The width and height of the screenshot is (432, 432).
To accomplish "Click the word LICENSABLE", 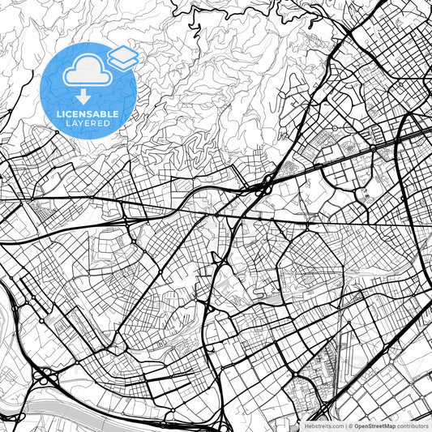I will [x=88, y=114].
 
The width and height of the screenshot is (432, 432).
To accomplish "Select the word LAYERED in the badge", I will [x=88, y=123].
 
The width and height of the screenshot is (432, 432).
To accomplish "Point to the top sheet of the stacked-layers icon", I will [x=123, y=53].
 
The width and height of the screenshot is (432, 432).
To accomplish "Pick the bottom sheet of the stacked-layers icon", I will [x=123, y=62].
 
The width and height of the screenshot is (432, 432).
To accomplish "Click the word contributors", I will [x=412, y=425].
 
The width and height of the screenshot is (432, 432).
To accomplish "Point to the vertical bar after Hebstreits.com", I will [x=344, y=425].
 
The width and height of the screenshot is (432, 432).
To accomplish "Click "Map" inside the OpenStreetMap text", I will [x=388, y=425].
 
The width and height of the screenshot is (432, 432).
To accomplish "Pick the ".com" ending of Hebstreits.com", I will [x=334, y=425].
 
